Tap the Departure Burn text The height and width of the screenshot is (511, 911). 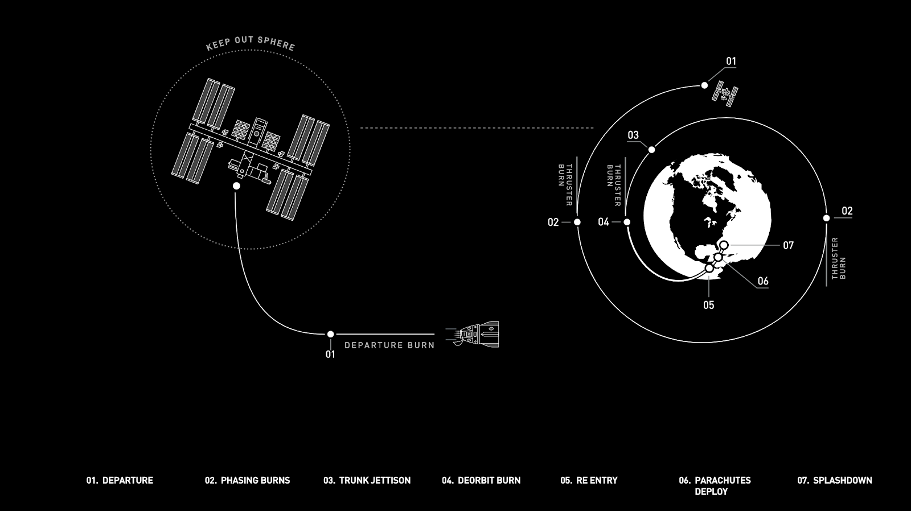(x=389, y=345)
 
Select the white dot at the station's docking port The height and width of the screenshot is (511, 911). (x=236, y=186)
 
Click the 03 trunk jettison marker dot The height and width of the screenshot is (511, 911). (x=651, y=150)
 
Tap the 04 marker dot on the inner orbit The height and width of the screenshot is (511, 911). (x=627, y=222)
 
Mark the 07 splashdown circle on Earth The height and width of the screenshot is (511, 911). (x=724, y=245)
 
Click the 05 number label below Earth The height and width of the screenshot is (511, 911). (x=708, y=305)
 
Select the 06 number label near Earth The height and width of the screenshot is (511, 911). (x=763, y=281)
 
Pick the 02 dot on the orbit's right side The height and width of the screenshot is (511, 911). (x=826, y=218)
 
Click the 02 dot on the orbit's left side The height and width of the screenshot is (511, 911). (x=577, y=222)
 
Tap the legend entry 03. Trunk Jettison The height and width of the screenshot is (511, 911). (x=367, y=480)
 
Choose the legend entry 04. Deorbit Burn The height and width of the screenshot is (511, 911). (x=481, y=480)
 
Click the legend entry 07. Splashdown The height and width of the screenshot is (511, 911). (x=834, y=480)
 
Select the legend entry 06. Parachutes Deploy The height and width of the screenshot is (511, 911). (x=715, y=485)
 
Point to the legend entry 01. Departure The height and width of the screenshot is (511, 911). (x=120, y=480)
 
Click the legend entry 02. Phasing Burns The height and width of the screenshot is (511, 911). (x=247, y=480)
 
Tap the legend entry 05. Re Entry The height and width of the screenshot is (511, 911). (x=589, y=480)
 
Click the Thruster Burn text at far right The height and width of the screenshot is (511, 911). (x=839, y=258)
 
